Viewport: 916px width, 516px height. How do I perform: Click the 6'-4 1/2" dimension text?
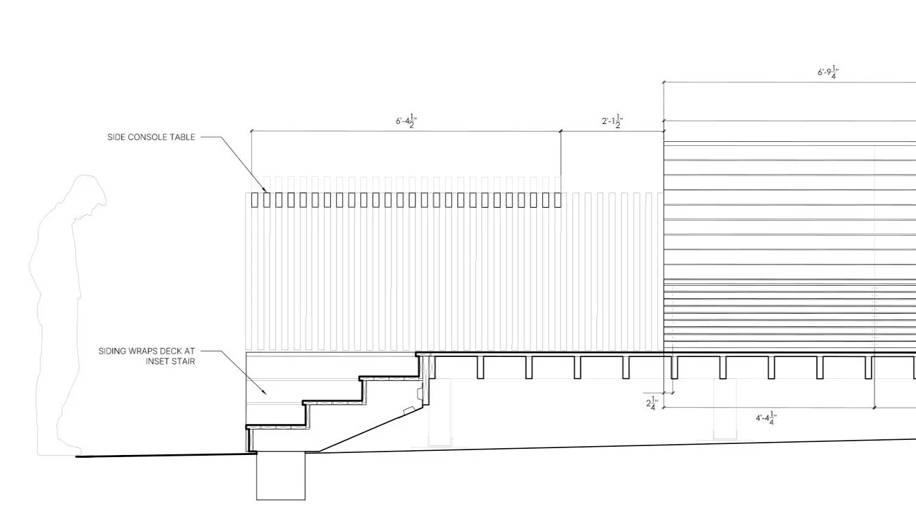coord(406,121)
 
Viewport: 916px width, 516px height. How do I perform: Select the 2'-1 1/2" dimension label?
coord(612,121)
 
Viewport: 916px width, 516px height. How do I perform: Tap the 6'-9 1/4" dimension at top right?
coord(828,72)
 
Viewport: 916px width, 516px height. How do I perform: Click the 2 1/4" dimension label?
coord(652,404)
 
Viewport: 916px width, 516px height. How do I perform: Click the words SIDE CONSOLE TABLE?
coord(151,137)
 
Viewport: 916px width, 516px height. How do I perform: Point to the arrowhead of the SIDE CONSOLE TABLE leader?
coord(266,191)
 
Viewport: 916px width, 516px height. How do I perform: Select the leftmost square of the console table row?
coord(255,199)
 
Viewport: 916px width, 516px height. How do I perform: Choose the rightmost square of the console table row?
coord(557,199)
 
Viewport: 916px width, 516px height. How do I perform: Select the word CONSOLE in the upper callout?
coord(151,137)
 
